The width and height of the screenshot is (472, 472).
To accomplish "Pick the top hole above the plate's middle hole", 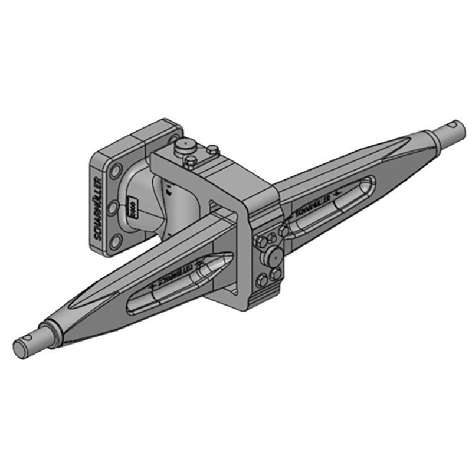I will coord(116,172).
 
